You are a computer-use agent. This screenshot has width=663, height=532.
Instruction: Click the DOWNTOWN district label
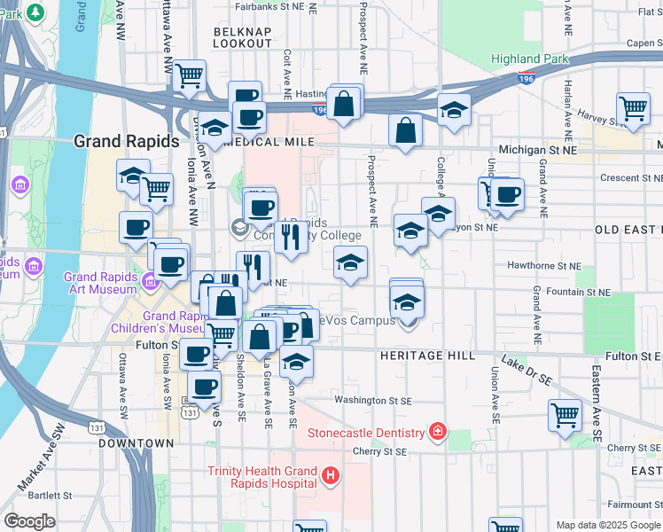coord(136,442)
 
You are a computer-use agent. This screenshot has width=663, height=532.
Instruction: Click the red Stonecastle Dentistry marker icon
coord(437,433)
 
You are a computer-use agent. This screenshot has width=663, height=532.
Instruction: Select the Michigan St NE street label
coord(535,151)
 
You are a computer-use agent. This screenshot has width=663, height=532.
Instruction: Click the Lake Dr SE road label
coord(526,364)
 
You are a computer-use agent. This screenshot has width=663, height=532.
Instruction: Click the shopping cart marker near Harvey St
coord(634,108)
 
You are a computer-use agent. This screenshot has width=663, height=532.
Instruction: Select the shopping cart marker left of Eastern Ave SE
coord(565,414)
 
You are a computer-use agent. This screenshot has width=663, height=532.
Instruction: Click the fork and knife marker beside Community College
coord(289,237)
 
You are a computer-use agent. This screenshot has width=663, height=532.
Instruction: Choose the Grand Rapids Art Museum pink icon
coord(148,283)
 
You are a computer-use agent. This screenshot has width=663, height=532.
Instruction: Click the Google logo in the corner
coord(29,521)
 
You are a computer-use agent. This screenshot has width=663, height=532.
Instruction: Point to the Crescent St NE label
coord(630,178)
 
